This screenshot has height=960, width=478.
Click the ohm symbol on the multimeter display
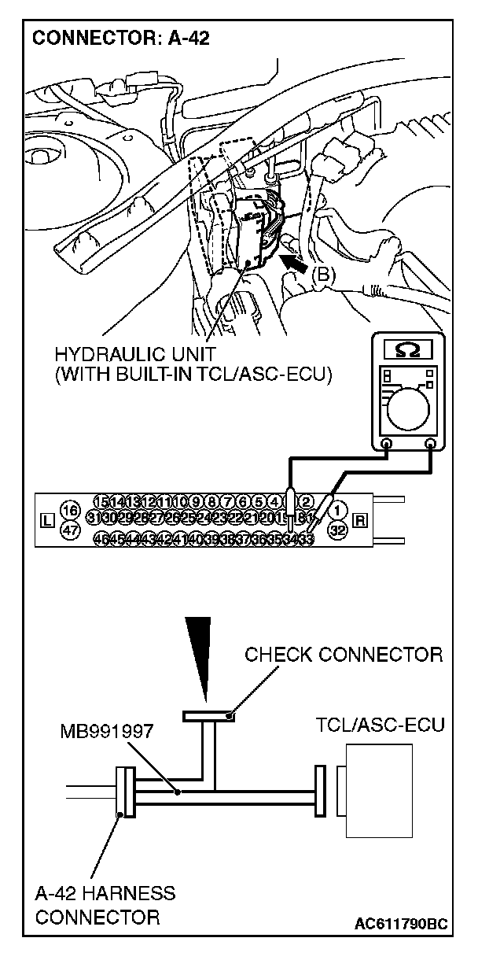tap(409, 347)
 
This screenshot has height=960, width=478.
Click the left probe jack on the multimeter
tap(387, 445)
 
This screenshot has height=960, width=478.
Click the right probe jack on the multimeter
tap(431, 445)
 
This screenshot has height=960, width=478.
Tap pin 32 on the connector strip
tap(337, 529)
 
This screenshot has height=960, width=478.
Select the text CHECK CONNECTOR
tap(344, 654)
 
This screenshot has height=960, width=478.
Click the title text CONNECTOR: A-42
tap(121, 38)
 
